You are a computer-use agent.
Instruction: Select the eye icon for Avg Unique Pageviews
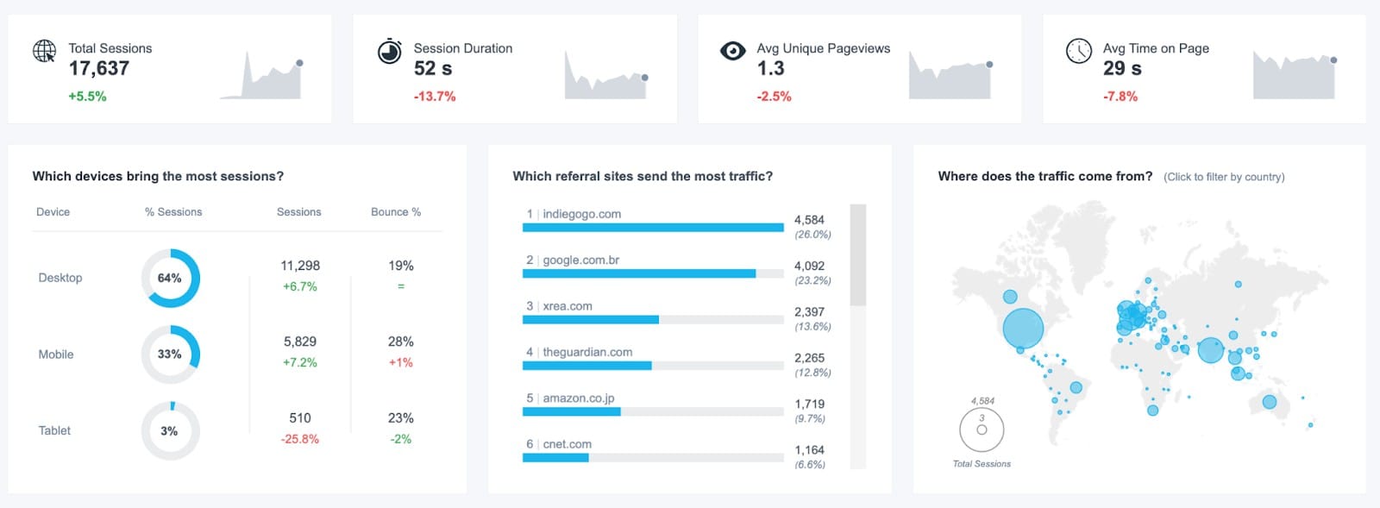click(x=732, y=51)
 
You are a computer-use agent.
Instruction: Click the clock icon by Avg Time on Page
click(x=1078, y=51)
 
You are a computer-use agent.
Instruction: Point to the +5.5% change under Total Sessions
click(x=87, y=97)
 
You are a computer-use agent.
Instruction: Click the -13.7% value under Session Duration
click(x=434, y=97)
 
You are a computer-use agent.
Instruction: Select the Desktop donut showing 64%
click(x=170, y=278)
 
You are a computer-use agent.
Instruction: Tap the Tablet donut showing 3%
click(x=170, y=430)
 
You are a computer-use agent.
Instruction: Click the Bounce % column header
click(x=395, y=212)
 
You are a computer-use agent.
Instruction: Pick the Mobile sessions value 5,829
click(x=299, y=342)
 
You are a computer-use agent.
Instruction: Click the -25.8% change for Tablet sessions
click(x=299, y=439)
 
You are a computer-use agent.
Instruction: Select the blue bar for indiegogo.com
click(x=652, y=228)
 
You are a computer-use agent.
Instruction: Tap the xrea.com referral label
click(x=567, y=306)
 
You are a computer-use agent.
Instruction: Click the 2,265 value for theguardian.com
click(x=809, y=358)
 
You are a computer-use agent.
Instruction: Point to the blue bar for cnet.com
click(x=555, y=458)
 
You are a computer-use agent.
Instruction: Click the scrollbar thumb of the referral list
click(x=857, y=254)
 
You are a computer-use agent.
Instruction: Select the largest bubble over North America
click(x=1023, y=328)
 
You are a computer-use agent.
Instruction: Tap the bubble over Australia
click(x=1269, y=401)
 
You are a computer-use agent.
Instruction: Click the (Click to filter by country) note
click(x=1223, y=177)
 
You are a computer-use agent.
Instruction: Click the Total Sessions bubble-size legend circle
click(x=982, y=429)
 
